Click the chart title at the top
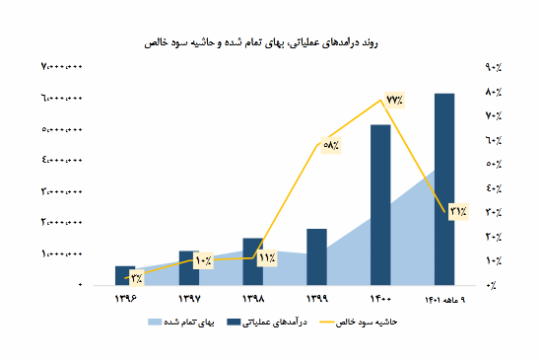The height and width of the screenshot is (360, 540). (270, 43)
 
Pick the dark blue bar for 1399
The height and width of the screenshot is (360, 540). (316, 256)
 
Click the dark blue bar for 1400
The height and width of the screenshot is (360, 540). (380, 204)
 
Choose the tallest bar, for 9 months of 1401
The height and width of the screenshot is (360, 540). (444, 188)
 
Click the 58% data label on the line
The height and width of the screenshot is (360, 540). (331, 145)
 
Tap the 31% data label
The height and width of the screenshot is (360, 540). (458, 210)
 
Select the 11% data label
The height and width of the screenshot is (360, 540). (266, 258)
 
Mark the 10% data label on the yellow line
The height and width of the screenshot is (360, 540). (203, 260)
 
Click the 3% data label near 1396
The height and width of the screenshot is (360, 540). (135, 277)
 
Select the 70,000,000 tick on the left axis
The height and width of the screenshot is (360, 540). (61, 67)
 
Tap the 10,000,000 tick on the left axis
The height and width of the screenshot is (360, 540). (61, 253)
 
